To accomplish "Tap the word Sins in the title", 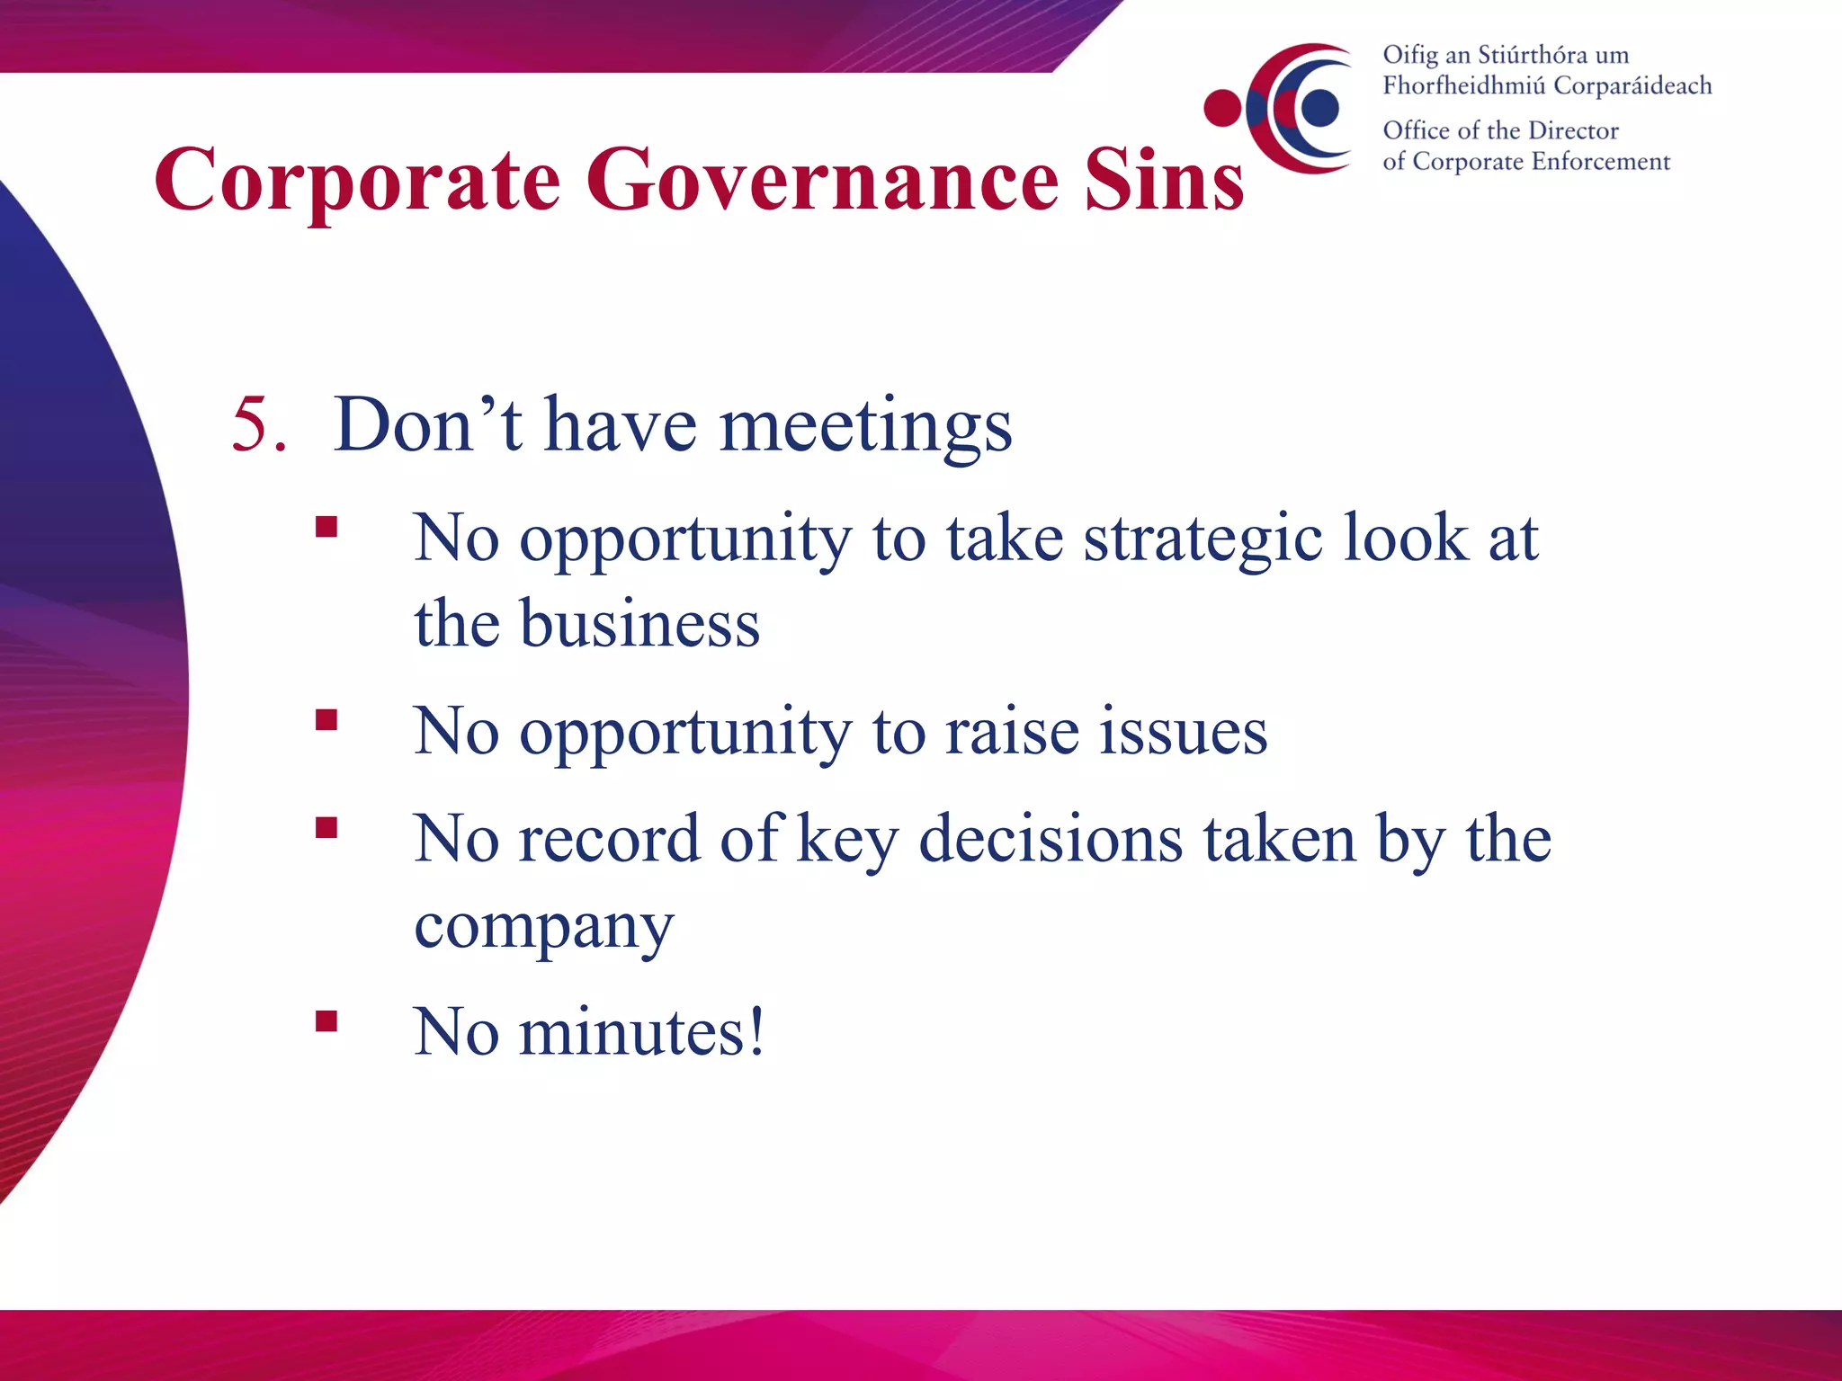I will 1164,180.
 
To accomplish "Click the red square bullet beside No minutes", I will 326,1020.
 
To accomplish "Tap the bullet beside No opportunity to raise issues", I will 326,719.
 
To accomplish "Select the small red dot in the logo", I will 1222,108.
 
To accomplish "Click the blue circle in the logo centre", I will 1319,108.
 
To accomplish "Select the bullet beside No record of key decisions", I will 326,827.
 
